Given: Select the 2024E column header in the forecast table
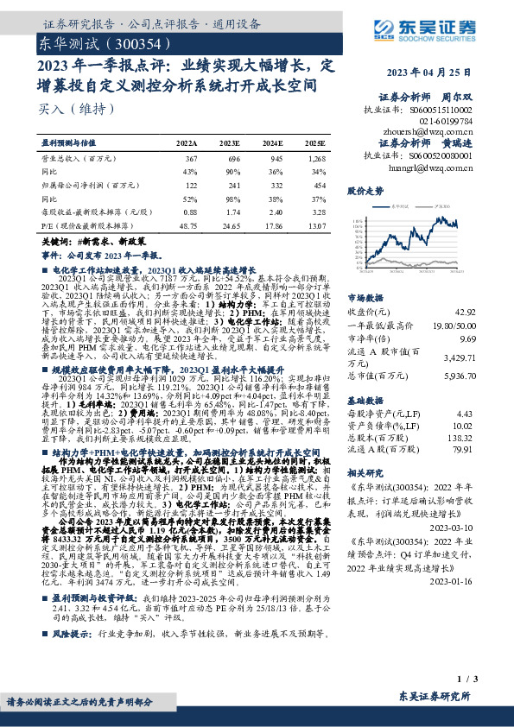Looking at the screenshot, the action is tap(272, 142).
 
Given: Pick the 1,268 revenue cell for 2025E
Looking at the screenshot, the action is tap(315, 159).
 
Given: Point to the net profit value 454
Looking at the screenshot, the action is tap(319, 185).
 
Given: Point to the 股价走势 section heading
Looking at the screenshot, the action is tap(365, 190).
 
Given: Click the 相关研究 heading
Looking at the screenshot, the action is tap(365, 474).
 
